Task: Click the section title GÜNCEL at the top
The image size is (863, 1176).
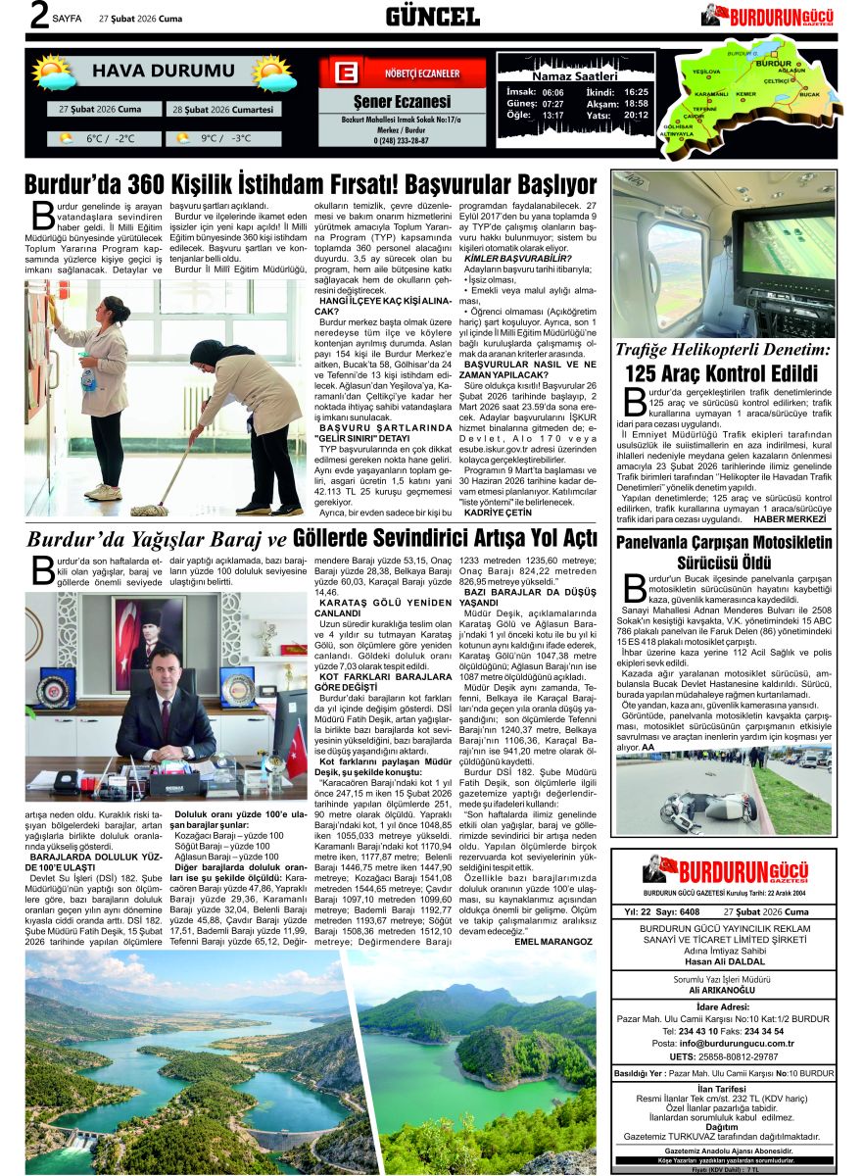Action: point(432,16)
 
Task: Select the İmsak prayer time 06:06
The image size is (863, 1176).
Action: point(552,91)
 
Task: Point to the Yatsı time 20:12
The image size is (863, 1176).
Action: point(636,115)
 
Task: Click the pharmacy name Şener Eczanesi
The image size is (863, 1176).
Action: point(402,101)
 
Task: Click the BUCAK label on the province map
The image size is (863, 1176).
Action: point(810,94)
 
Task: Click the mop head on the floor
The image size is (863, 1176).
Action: point(149,509)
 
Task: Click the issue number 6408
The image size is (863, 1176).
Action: point(689,912)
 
